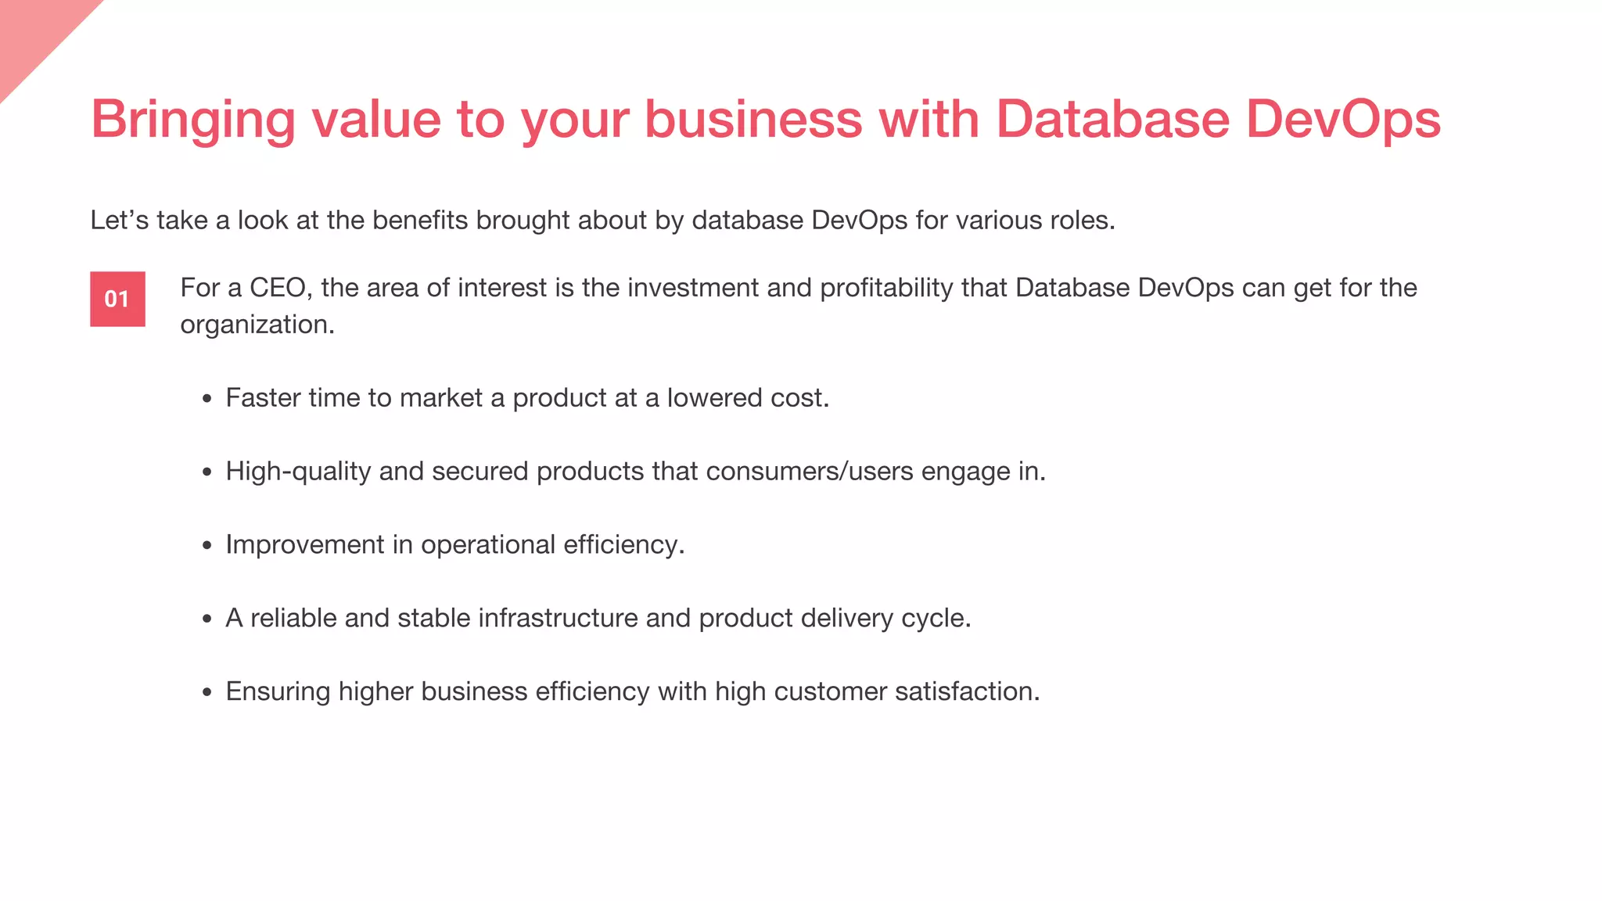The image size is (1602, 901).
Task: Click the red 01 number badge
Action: pos(117,299)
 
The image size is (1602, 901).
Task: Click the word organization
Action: pos(257,325)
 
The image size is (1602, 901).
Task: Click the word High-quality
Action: pos(298,472)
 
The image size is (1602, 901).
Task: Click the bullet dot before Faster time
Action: pos(207,399)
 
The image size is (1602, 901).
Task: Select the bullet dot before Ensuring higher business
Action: pos(207,692)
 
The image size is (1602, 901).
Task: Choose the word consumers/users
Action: pos(810,472)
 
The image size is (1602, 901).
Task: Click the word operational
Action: pos(488,544)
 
